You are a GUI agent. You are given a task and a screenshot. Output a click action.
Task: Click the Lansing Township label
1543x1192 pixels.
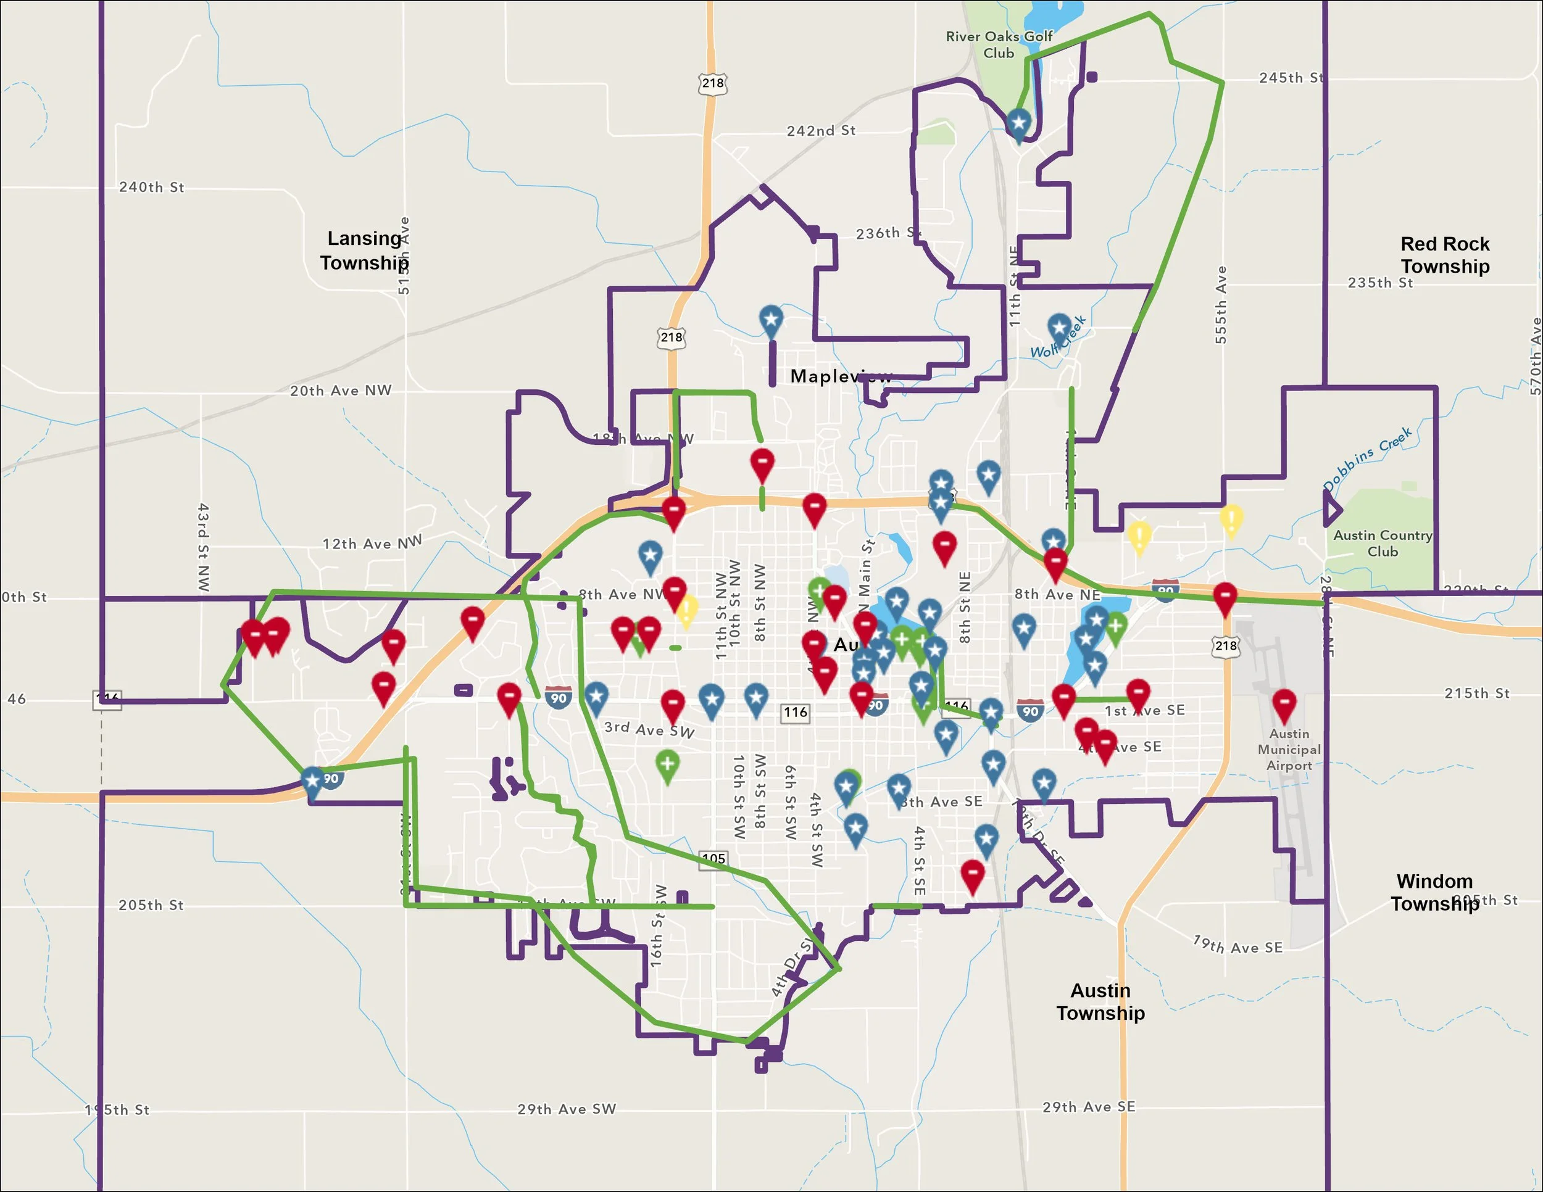(364, 250)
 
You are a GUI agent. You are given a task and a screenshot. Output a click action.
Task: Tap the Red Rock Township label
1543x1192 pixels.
(1445, 255)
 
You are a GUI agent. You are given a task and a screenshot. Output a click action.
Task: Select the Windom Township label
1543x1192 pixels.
(1434, 893)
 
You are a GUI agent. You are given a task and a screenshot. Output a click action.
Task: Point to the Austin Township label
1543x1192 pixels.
(1100, 1001)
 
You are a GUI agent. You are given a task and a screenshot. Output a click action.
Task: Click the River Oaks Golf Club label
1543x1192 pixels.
(999, 44)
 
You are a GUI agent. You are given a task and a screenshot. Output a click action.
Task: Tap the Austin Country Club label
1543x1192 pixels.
(1383, 543)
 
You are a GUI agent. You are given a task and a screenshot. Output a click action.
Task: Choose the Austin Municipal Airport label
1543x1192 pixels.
(1289, 749)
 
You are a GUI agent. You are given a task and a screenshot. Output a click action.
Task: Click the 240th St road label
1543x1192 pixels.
(151, 187)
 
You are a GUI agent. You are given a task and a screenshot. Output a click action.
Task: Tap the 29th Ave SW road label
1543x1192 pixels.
(567, 1109)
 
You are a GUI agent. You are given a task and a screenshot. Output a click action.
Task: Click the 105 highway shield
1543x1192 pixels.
(713, 859)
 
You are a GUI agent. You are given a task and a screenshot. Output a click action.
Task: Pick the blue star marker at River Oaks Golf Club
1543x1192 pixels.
(1018, 123)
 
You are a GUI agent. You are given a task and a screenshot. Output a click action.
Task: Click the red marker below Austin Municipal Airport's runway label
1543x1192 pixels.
(1284, 704)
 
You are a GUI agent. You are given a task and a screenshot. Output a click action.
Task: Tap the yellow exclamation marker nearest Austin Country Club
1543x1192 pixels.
(1231, 519)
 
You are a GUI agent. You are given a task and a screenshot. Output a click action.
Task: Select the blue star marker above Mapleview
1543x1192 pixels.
(771, 321)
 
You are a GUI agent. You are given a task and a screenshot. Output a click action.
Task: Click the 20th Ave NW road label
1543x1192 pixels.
(341, 391)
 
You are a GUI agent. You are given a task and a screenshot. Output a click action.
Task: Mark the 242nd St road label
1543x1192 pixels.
(821, 131)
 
